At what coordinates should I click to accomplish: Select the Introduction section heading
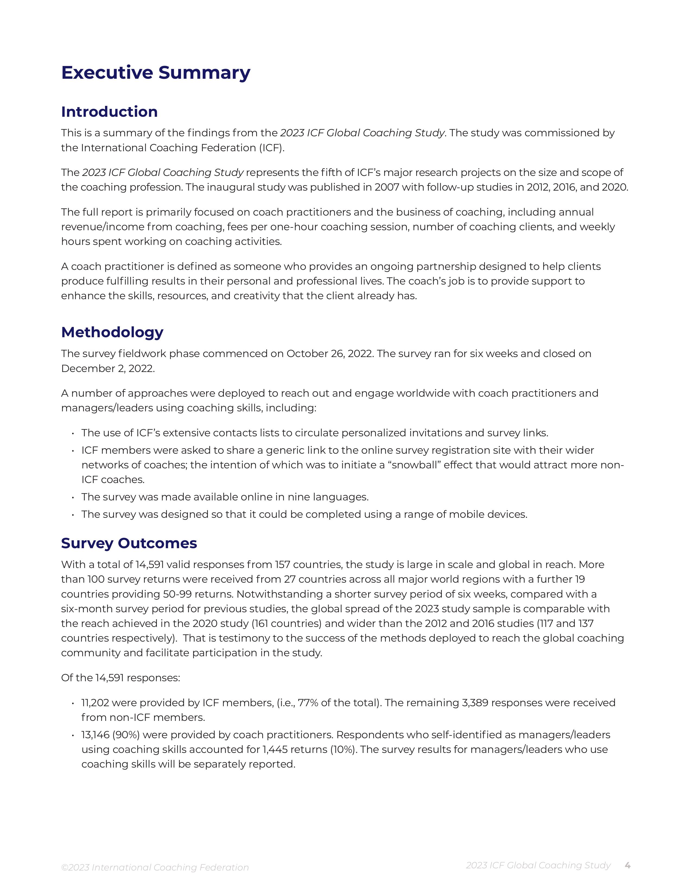pyautogui.click(x=109, y=112)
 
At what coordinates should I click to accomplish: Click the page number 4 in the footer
pyautogui.click(x=627, y=865)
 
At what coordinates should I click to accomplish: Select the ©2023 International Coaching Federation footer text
pyautogui.click(x=155, y=867)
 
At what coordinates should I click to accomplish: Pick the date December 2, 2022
pyautogui.click(x=107, y=368)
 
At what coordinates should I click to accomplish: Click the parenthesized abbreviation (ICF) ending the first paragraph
pyautogui.click(x=271, y=148)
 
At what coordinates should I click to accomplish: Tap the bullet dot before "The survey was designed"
pyautogui.click(x=72, y=515)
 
